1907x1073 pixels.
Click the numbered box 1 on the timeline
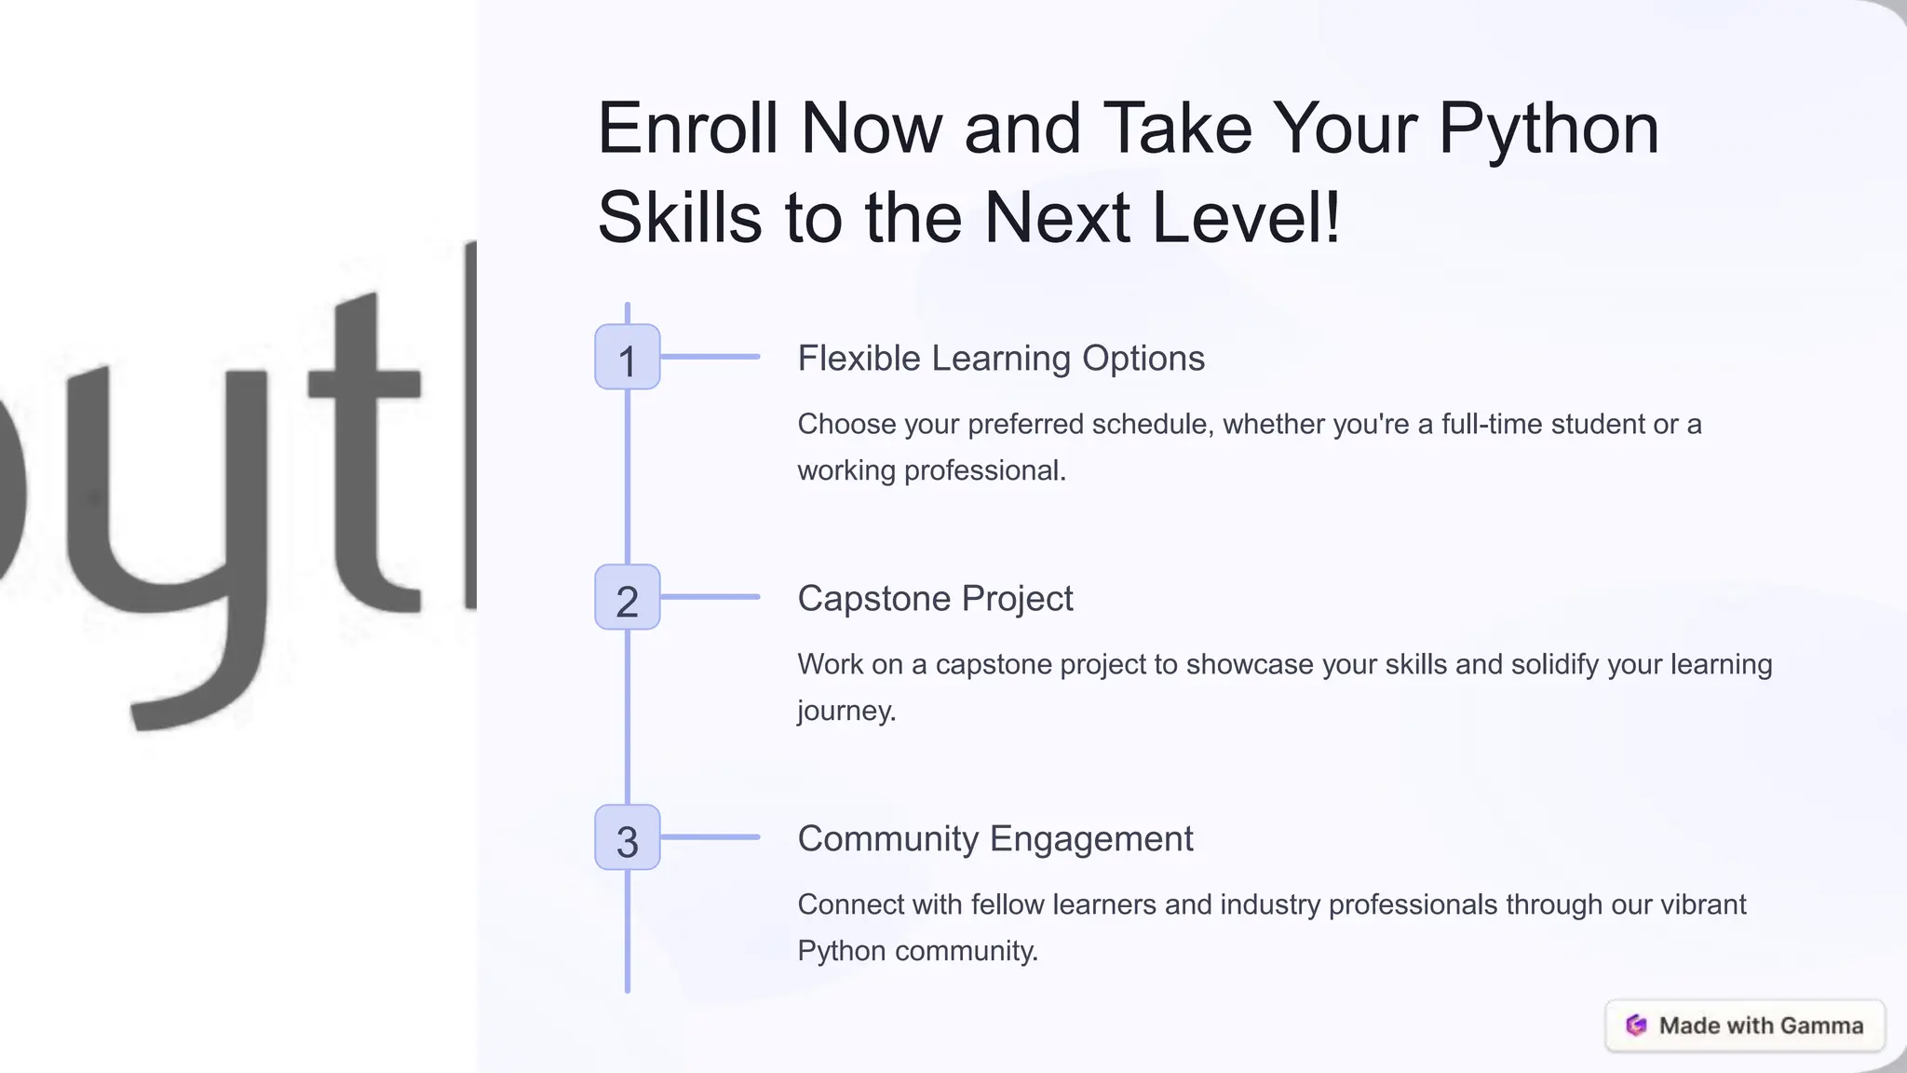(627, 357)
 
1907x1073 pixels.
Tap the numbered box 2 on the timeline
(627, 597)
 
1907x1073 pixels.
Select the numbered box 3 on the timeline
(627, 837)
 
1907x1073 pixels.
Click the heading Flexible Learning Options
(1001, 359)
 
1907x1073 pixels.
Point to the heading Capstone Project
(935, 599)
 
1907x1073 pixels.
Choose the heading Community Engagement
(994, 839)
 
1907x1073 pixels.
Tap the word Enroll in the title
(687, 129)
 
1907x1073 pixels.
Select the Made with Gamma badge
(1745, 1025)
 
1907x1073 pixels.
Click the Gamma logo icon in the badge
(1636, 1025)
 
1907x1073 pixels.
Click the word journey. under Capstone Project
(846, 712)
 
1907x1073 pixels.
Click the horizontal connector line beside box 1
(710, 357)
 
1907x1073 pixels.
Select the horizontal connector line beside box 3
(710, 837)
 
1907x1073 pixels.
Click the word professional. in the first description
(984, 471)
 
